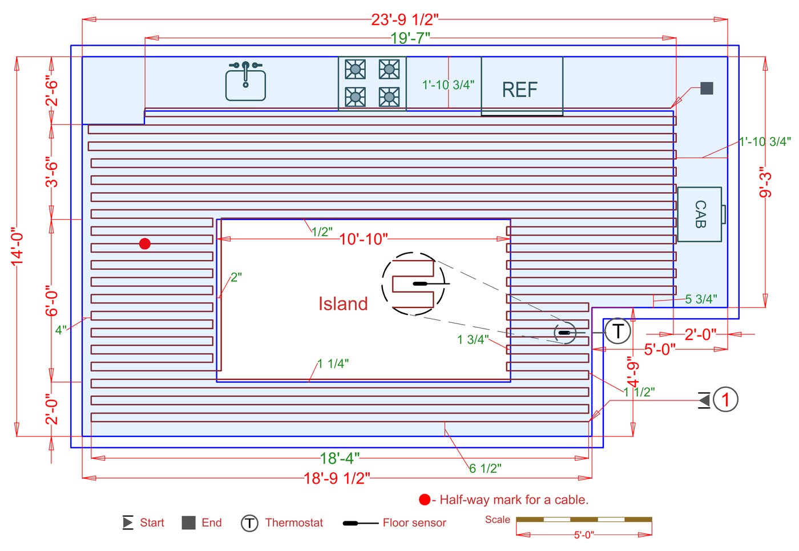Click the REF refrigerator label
click(x=520, y=90)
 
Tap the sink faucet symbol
click(x=245, y=74)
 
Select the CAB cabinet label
click(x=701, y=214)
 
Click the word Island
click(x=343, y=303)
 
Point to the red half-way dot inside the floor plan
click(x=145, y=244)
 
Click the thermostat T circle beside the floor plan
click(x=618, y=331)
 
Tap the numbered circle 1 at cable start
click(x=725, y=399)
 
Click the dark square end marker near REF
click(x=707, y=88)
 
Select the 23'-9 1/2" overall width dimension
click(x=405, y=19)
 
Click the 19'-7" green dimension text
click(x=410, y=38)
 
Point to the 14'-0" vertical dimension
click(x=17, y=246)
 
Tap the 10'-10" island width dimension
click(x=363, y=239)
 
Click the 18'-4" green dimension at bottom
click(x=340, y=459)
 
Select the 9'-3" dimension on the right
click(x=765, y=182)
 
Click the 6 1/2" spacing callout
click(x=485, y=468)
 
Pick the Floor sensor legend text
click(x=414, y=523)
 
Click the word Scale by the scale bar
click(x=498, y=520)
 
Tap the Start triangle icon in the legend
click(x=128, y=522)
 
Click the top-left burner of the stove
click(x=355, y=69)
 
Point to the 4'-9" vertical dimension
click(x=633, y=372)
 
